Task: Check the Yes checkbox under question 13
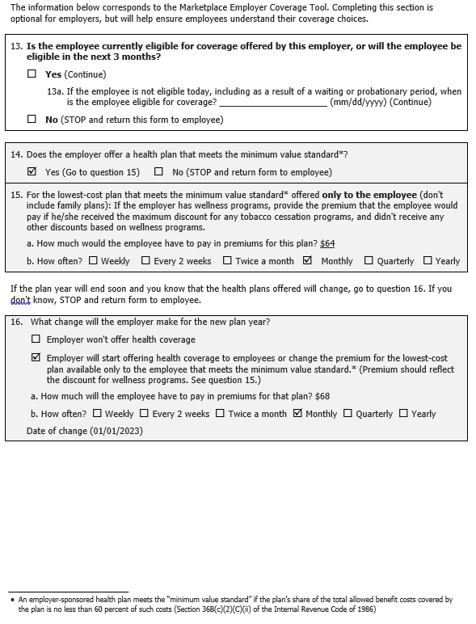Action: tap(32, 74)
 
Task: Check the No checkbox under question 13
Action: tap(32, 120)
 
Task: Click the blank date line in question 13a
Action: tap(272, 103)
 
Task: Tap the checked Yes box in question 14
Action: tap(32, 172)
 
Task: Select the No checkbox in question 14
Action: tap(158, 172)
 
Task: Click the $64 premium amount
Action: tap(327, 243)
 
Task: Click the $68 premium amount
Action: tap(322, 396)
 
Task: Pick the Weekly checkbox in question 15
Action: tap(93, 261)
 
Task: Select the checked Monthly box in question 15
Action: tap(307, 261)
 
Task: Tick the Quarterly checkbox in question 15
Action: tap(369, 261)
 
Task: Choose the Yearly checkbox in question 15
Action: tap(428, 261)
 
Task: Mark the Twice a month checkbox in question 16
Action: tap(221, 414)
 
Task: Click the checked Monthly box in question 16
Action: tap(297, 414)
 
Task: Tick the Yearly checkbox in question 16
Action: tap(402, 414)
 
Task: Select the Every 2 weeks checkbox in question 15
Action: tap(145, 261)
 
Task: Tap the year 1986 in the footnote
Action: tap(365, 609)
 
